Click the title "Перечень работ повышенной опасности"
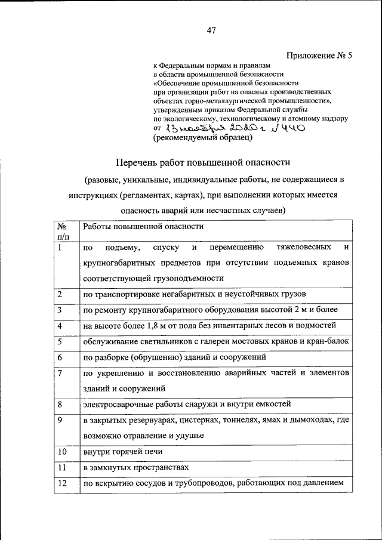[x=202, y=162]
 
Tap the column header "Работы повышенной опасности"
[x=143, y=227]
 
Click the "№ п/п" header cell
[x=61, y=232]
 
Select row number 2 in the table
[x=60, y=294]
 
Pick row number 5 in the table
[x=60, y=341]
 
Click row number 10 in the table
[x=62, y=452]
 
